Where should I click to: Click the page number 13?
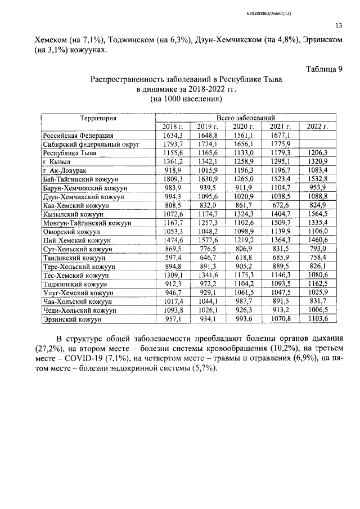pyautogui.click(x=338, y=25)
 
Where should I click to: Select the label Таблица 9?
pyautogui.click(x=323, y=69)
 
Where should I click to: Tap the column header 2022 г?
pyautogui.click(x=318, y=127)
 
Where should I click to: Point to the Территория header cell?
pyautogui.click(x=97, y=118)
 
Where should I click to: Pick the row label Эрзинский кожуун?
pyautogui.click(x=71, y=319)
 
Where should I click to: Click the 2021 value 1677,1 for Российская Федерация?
pyautogui.click(x=280, y=136)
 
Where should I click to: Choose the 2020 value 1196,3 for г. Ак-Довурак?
pyautogui.click(x=244, y=169)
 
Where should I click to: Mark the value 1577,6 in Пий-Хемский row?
pyautogui.click(x=208, y=240)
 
